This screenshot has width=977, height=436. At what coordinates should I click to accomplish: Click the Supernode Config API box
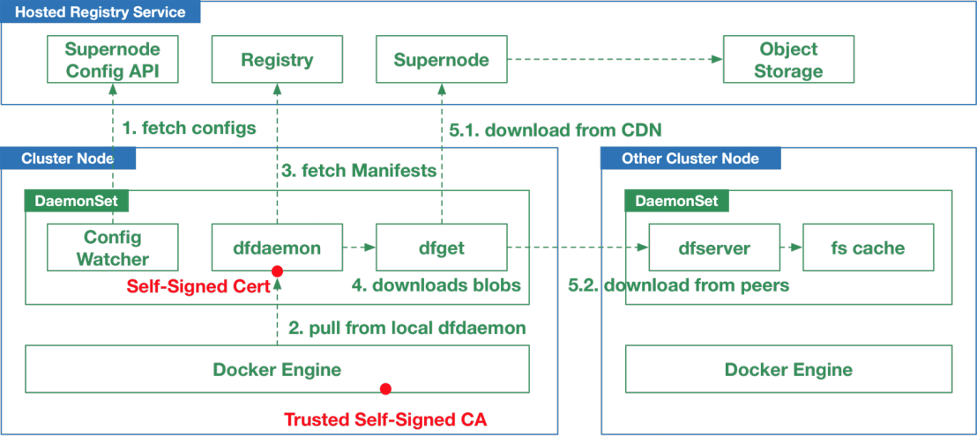pos(113,59)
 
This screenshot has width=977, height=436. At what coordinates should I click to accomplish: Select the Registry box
pos(277,59)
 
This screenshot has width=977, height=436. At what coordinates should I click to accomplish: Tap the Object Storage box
pos(788,59)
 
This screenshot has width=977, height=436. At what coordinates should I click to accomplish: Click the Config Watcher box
pos(113,247)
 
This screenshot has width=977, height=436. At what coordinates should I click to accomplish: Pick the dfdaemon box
pos(277,247)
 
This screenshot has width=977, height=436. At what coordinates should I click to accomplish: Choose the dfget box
pos(442,247)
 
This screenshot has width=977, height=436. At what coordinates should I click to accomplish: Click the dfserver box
pos(715,247)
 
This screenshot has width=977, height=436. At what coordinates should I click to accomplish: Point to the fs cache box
pos(868,247)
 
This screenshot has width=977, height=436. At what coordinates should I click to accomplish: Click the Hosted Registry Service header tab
pos(101,12)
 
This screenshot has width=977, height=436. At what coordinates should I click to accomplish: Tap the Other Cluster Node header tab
pos(690,158)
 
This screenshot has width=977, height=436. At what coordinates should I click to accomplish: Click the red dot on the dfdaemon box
pos(278,271)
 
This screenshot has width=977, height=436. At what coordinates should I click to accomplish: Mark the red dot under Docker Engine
pos(385,388)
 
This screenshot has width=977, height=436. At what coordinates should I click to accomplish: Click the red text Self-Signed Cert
pos(197,286)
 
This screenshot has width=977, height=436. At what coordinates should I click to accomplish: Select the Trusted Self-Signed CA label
pos(385,419)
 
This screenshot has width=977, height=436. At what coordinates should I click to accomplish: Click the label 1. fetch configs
pos(189,129)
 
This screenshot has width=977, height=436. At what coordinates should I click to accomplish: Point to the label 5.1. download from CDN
pos(556,130)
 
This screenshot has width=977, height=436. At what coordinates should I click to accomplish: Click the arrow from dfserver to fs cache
pos(791,248)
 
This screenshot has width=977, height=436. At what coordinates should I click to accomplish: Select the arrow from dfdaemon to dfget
pos(360,248)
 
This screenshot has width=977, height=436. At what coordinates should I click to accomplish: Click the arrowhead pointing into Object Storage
pos(718,59)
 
